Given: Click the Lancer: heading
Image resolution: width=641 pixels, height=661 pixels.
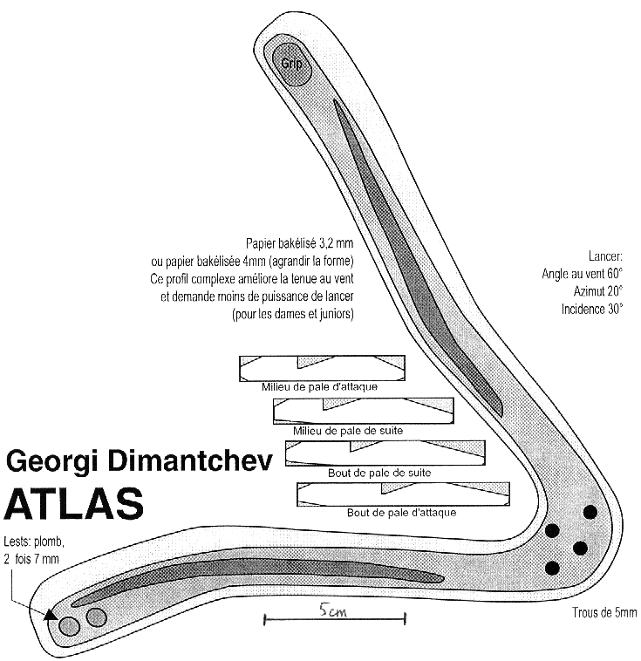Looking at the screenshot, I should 605,257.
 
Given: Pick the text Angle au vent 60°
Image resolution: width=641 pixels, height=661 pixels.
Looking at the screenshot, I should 582,274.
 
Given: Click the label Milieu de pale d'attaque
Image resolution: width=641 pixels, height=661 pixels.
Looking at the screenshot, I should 320,387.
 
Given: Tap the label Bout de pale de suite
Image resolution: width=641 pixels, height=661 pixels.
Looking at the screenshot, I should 383,472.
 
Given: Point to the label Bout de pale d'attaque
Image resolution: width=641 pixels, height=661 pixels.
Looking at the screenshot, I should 401,513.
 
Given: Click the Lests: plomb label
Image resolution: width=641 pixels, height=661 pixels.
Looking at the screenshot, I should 34,541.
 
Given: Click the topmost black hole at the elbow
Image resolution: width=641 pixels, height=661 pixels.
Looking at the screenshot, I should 590,512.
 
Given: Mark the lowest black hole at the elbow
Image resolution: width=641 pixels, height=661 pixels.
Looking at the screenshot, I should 552,568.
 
